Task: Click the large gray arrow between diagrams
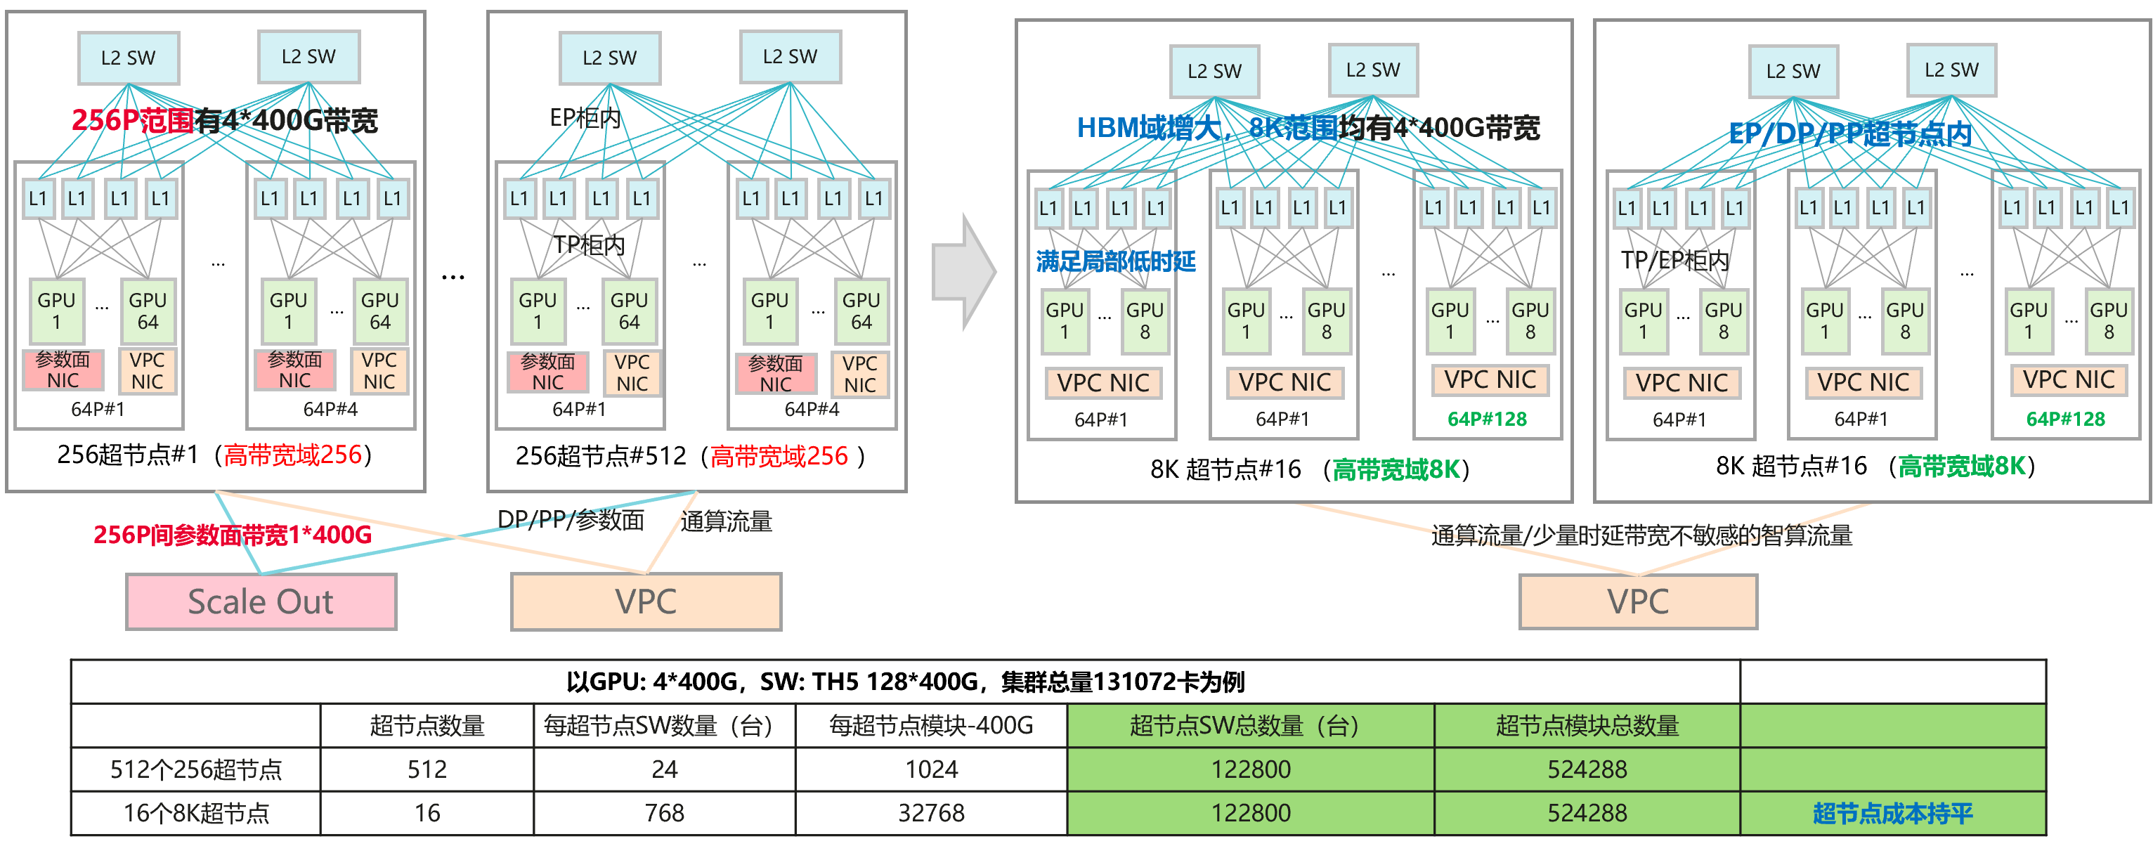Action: click(963, 272)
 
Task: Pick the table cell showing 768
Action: click(665, 812)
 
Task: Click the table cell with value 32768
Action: click(931, 812)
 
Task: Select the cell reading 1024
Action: click(931, 769)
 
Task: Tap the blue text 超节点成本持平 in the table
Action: click(1892, 812)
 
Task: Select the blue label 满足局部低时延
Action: click(1115, 261)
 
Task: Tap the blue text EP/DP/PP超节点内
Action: click(1849, 134)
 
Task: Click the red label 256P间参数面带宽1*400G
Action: click(233, 535)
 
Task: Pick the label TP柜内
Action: click(590, 245)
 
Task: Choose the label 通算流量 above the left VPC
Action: click(725, 521)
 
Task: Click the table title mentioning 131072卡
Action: click(905, 682)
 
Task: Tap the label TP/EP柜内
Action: click(1674, 261)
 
